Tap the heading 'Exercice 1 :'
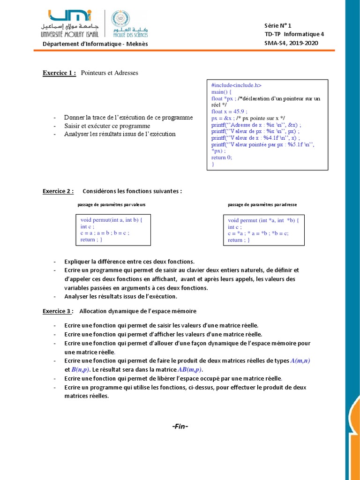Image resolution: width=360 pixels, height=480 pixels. [x=60, y=73]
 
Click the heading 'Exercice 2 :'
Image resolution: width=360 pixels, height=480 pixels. [x=58, y=191]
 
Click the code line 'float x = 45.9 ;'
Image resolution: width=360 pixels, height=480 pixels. [x=229, y=112]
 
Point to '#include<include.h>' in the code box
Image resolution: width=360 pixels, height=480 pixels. [x=236, y=85]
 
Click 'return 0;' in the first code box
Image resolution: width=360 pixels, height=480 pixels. [x=222, y=157]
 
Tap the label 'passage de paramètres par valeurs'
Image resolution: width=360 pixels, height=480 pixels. [x=112, y=205]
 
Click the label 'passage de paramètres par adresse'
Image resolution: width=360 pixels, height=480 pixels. [x=262, y=205]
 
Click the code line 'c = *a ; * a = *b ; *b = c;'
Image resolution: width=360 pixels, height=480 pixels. [x=258, y=233]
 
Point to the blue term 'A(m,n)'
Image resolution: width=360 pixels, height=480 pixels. [x=300, y=360]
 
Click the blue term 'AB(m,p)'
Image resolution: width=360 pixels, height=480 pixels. [x=190, y=369]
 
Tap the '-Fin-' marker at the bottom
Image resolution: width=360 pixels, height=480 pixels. [x=180, y=426]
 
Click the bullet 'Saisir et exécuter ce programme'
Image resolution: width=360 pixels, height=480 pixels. [x=107, y=126]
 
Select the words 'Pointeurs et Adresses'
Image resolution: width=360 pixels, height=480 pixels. [x=110, y=73]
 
